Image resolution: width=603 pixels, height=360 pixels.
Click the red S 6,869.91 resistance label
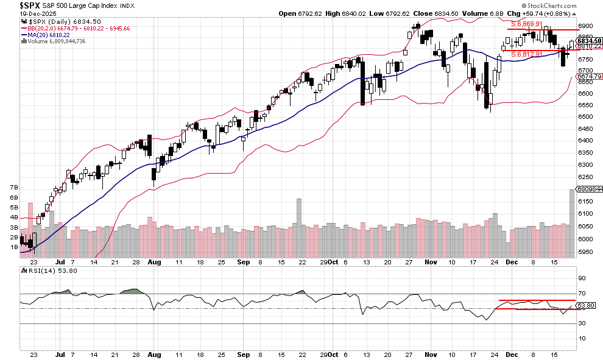coord(526,24)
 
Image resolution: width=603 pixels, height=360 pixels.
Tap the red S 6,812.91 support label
coord(526,54)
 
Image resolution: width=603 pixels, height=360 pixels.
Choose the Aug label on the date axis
coord(154,353)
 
